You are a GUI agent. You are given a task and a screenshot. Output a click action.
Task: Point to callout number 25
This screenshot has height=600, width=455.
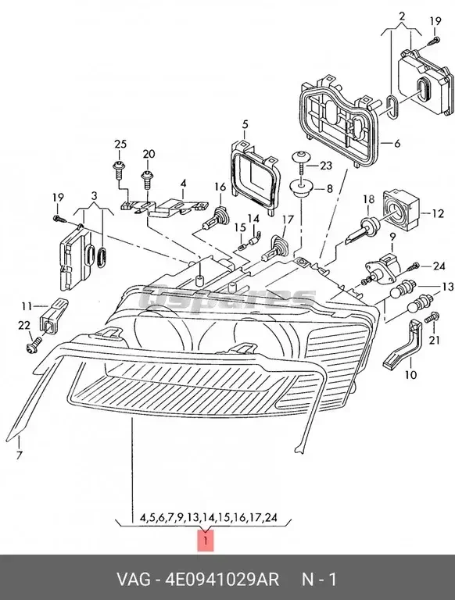tap(120, 144)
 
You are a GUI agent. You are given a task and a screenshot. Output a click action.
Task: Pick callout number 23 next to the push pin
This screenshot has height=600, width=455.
tap(325, 165)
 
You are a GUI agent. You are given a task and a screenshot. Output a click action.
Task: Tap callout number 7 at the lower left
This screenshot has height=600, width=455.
tap(20, 454)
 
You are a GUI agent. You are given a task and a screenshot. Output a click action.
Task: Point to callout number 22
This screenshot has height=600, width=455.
tap(24, 325)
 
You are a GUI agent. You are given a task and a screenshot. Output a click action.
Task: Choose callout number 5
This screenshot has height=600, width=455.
tap(244, 124)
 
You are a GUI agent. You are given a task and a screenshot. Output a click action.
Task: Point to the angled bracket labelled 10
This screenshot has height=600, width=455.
tap(403, 348)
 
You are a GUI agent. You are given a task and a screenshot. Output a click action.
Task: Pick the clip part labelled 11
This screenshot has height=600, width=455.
tap(56, 310)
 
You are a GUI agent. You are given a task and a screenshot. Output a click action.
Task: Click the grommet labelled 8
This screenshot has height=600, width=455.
tap(299, 190)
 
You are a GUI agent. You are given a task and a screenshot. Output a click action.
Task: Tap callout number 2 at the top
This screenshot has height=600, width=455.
tap(402, 16)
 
